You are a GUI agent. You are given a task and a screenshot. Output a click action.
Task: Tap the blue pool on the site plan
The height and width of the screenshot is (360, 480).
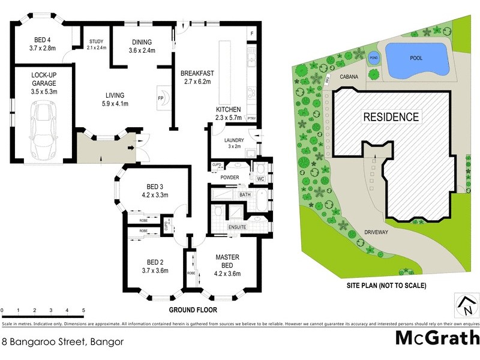(x=416, y=60)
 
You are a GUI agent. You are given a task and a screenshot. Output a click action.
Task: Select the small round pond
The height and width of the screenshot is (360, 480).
(x=374, y=58)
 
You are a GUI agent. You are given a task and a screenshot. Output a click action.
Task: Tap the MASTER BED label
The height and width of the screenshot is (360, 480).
(x=227, y=261)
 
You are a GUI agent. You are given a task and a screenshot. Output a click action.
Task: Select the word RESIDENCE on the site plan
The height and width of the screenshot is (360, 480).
(x=391, y=116)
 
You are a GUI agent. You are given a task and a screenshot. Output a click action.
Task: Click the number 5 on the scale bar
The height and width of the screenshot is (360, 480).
(x=83, y=311)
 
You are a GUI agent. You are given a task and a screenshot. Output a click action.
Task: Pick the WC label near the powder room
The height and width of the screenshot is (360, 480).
(x=260, y=179)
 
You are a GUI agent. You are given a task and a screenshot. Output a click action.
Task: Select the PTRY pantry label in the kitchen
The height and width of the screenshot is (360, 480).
(x=252, y=118)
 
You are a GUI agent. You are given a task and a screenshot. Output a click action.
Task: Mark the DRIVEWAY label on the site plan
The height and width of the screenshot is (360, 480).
(x=377, y=231)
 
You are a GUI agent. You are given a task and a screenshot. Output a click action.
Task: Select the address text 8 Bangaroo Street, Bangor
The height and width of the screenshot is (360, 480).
(x=62, y=342)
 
